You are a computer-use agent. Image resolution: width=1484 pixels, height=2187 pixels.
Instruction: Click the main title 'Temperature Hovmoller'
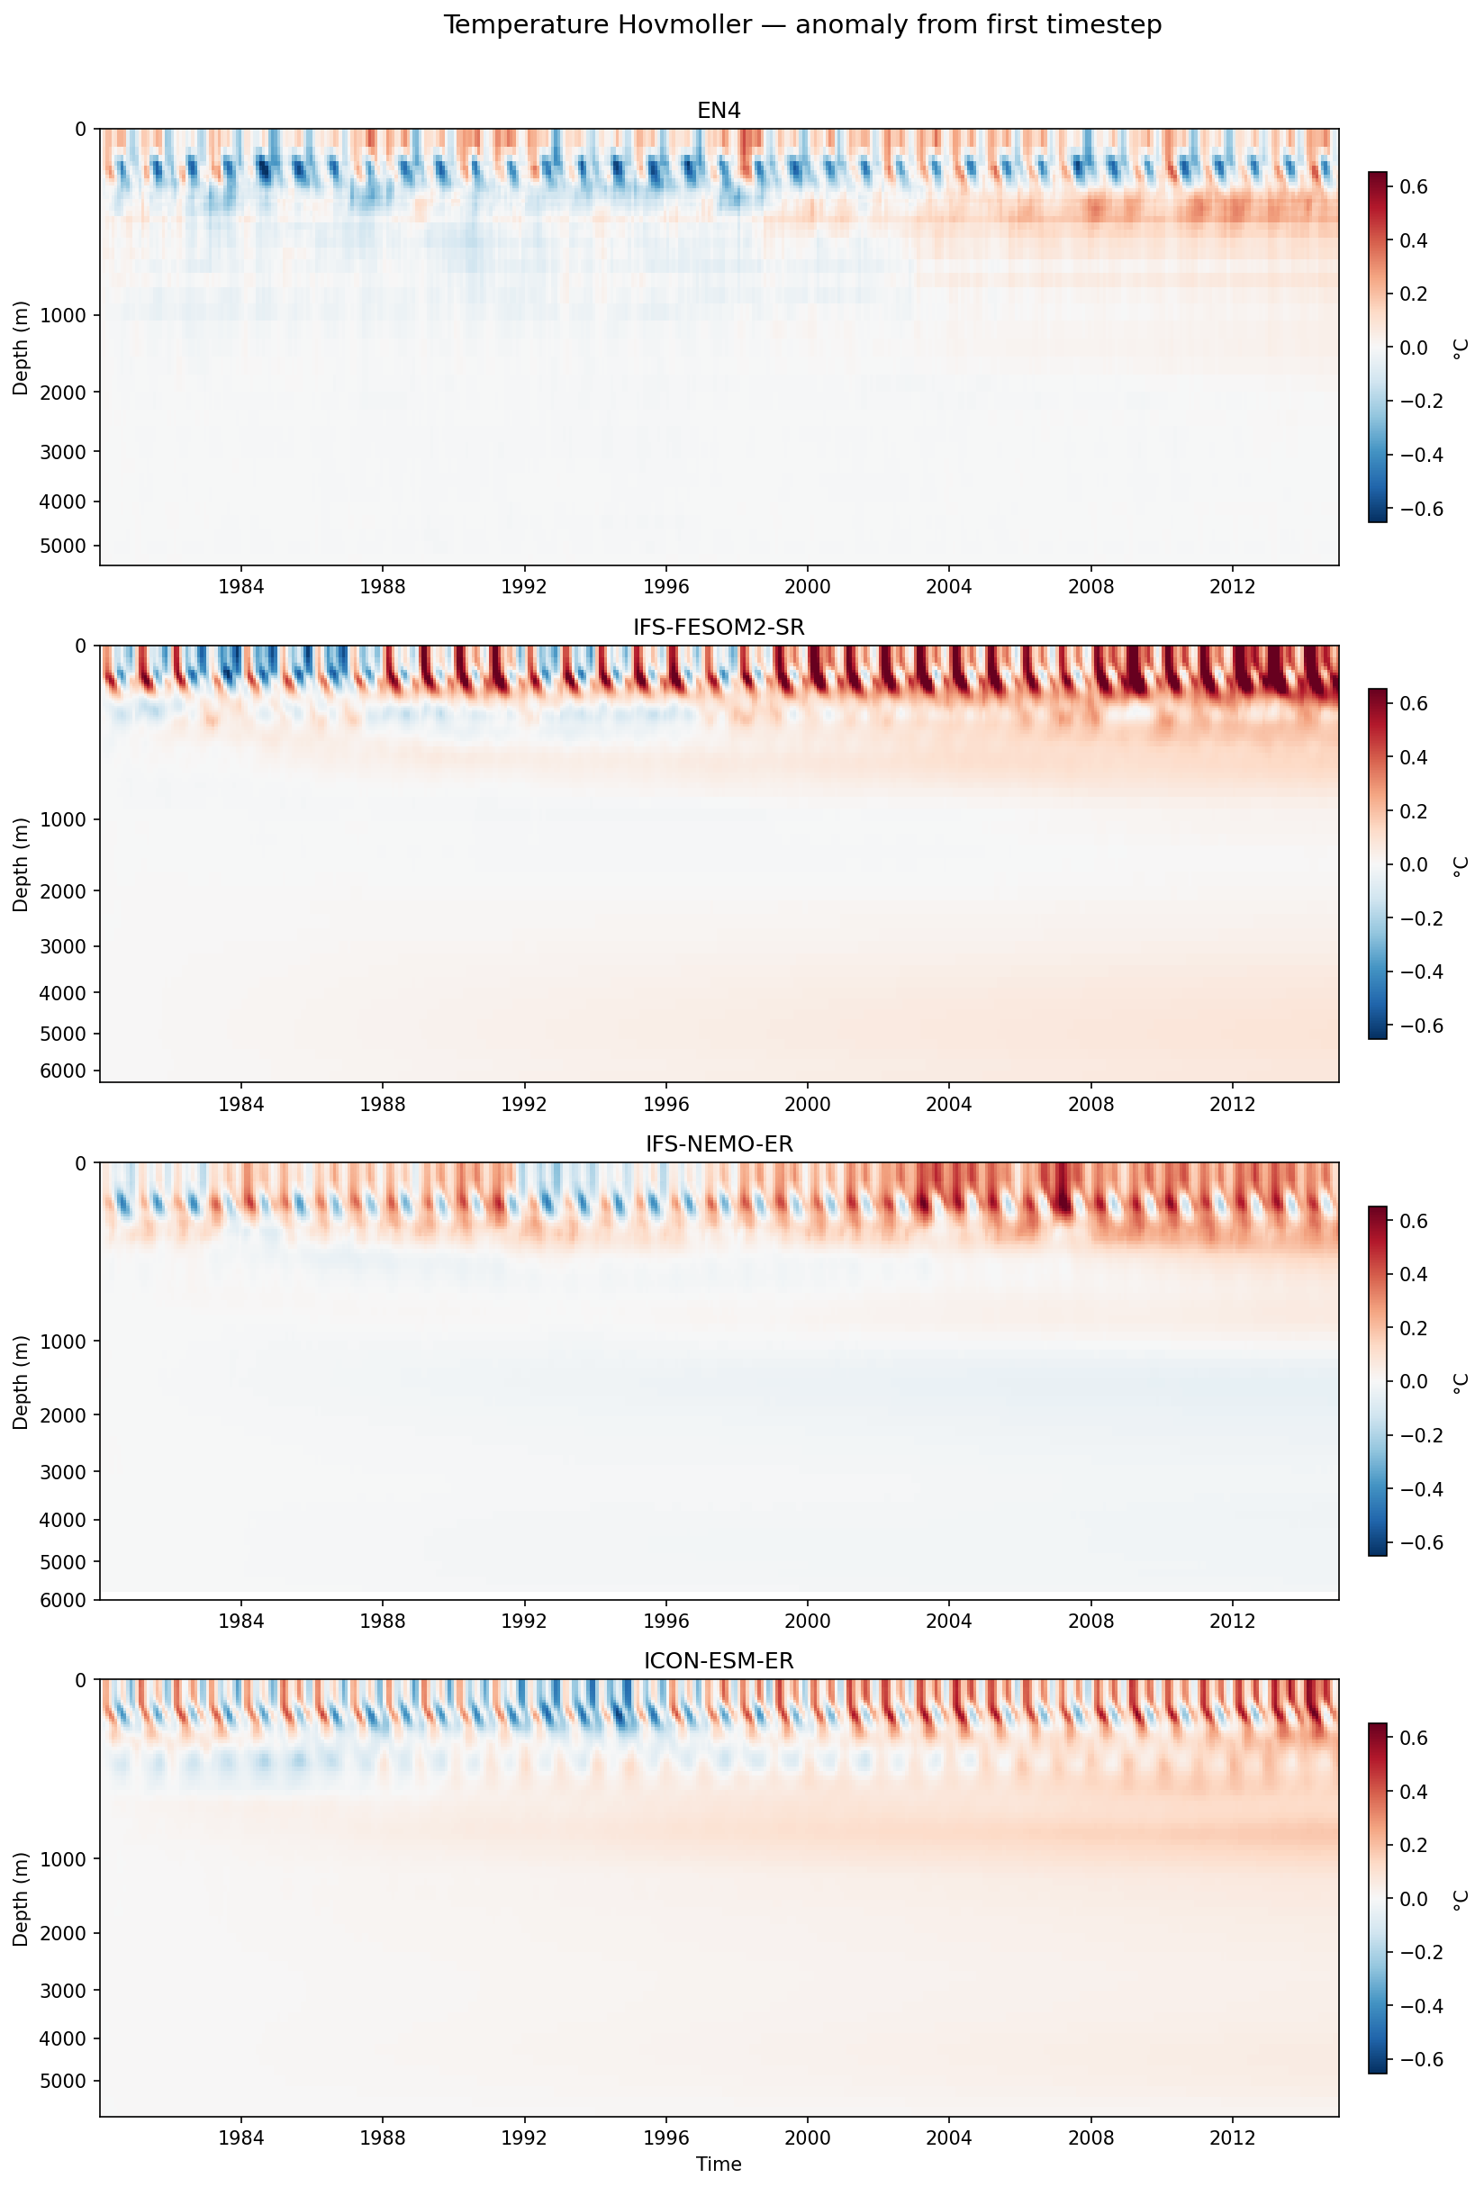pyautogui.click(x=801, y=25)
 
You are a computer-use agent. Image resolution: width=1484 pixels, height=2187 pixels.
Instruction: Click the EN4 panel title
pyautogui.click(x=718, y=111)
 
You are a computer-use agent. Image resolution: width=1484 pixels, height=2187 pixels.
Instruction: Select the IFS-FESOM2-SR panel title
pyautogui.click(x=718, y=628)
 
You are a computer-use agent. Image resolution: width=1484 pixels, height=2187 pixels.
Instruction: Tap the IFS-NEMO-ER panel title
pyautogui.click(x=718, y=1144)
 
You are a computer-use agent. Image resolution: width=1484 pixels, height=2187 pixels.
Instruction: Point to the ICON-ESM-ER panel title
pyautogui.click(x=718, y=1661)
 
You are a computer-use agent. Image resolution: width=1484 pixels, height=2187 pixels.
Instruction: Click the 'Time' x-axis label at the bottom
pyautogui.click(x=718, y=2164)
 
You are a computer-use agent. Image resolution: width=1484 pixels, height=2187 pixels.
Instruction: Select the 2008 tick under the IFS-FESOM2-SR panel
pyautogui.click(x=1090, y=1104)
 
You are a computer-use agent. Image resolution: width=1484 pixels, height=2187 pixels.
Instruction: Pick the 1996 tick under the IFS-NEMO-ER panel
pyautogui.click(x=666, y=1621)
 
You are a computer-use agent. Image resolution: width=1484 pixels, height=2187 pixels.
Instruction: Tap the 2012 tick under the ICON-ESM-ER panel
pyautogui.click(x=1233, y=2137)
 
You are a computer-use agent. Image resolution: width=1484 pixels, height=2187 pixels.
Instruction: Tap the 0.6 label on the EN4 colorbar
pyautogui.click(x=1414, y=187)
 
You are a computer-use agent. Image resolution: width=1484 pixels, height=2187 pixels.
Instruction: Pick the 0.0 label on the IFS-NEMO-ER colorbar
pyautogui.click(x=1414, y=1381)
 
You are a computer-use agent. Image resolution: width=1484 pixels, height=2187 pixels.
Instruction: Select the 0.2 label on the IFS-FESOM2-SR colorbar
pyautogui.click(x=1414, y=811)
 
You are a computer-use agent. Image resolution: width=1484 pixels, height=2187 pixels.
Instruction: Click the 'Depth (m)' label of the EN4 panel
pyautogui.click(x=20, y=348)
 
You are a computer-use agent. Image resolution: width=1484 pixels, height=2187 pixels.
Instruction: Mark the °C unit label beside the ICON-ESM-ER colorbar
pyautogui.click(x=1460, y=1899)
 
